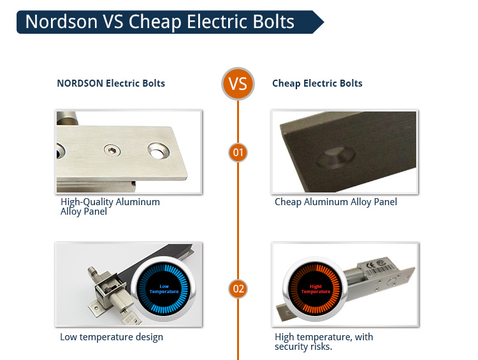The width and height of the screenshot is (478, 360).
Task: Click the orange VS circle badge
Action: pos(238,83)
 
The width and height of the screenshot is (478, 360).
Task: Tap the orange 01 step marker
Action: pos(238,152)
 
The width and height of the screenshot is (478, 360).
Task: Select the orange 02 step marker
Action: pos(238,289)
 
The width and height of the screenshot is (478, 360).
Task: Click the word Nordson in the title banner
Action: pos(61,22)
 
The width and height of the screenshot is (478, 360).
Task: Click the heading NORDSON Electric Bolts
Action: pos(111,83)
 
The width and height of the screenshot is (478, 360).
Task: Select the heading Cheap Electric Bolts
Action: pos(317,83)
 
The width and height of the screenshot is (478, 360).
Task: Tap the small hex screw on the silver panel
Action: pos(112,150)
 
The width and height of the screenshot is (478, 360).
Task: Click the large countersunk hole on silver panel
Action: pos(159,151)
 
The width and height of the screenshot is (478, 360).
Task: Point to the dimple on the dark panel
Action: pos(335,157)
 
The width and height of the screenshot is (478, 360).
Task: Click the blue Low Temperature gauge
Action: pos(164,289)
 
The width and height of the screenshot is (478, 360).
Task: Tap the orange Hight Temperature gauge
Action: pos(315,289)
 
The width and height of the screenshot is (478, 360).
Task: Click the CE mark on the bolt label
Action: pos(370,265)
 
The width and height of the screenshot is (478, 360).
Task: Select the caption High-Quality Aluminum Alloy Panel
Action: pos(110,206)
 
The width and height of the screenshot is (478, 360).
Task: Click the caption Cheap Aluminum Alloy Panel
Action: pos(336,202)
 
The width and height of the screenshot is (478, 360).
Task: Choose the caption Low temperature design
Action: pos(112,337)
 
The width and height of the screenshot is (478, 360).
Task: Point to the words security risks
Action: pos(303,347)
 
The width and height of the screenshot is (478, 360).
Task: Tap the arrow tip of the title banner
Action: pos(324,22)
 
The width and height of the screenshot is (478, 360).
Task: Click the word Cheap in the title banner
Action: pos(155,22)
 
